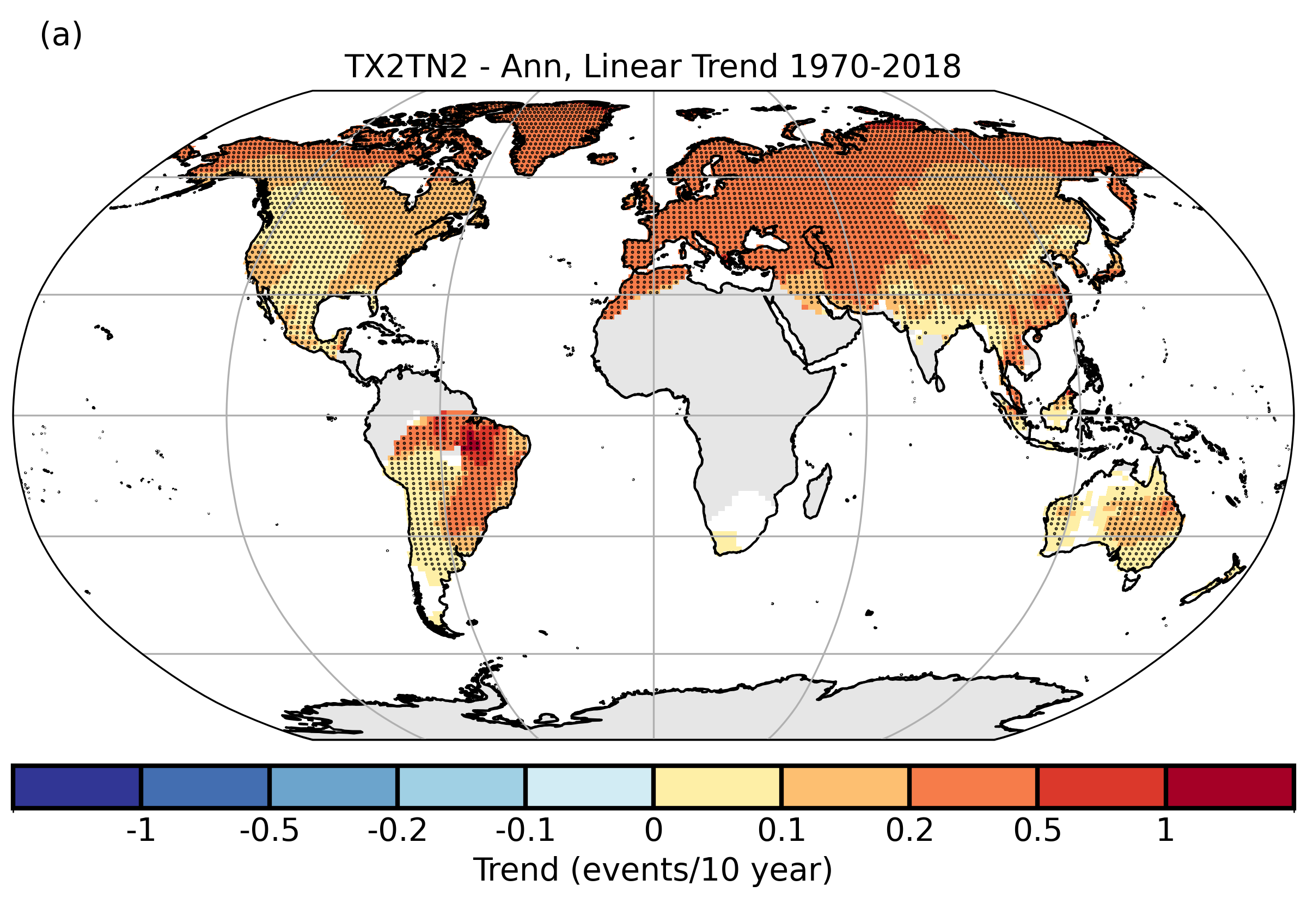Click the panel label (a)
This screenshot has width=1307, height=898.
(x=61, y=35)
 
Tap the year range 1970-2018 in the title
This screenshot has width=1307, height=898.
(x=875, y=67)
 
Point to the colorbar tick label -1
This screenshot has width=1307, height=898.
(x=141, y=830)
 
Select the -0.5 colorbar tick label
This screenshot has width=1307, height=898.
(x=269, y=830)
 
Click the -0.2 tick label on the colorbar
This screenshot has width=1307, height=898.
(x=398, y=830)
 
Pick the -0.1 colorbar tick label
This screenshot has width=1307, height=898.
(x=525, y=830)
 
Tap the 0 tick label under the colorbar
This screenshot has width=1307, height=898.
(x=653, y=830)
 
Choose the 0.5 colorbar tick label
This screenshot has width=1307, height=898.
(x=1037, y=830)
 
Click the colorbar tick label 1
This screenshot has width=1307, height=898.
(x=1165, y=830)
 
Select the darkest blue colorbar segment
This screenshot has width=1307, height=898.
(x=77, y=786)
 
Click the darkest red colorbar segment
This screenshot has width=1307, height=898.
(x=1229, y=786)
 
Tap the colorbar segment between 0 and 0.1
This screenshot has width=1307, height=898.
(x=717, y=786)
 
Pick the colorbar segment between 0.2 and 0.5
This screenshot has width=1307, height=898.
(x=973, y=786)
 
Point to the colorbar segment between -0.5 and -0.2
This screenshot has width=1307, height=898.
(x=333, y=786)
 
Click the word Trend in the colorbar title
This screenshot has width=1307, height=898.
(x=516, y=870)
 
